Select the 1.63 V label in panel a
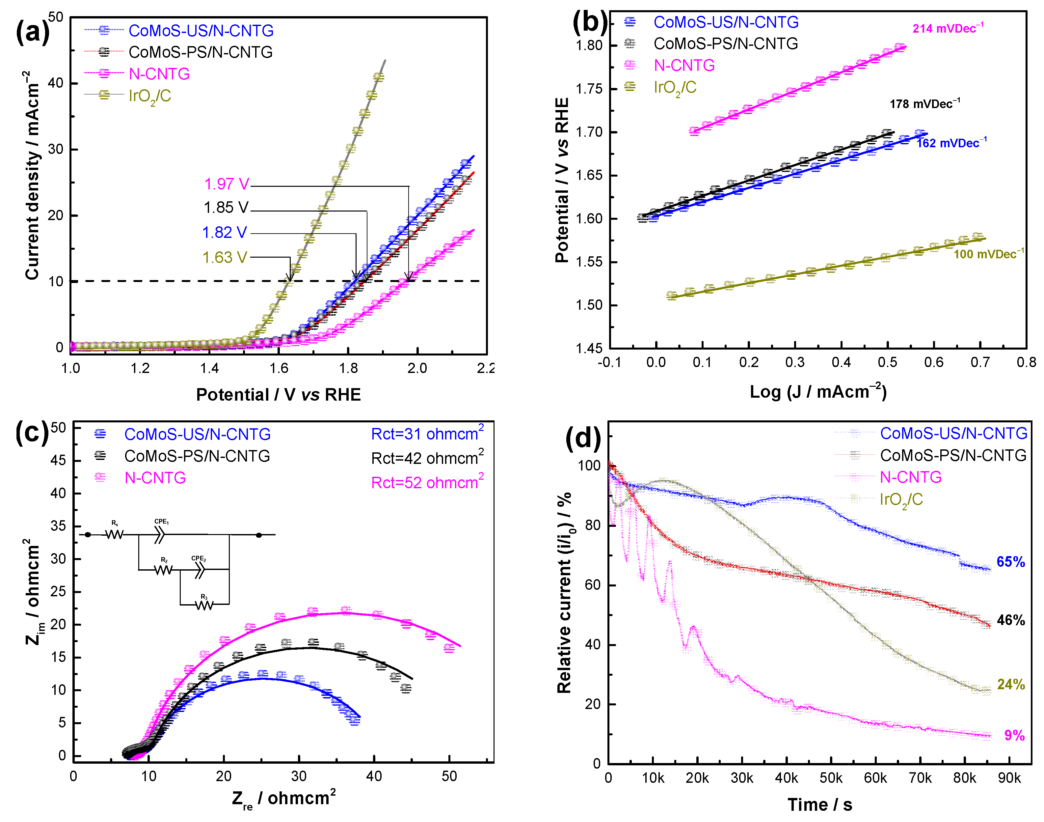pos(225,258)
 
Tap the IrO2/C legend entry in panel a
pos(149,96)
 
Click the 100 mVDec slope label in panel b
pos(988,254)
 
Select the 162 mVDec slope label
pos(951,143)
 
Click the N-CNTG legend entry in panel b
pos(683,66)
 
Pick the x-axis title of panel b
pos(817,392)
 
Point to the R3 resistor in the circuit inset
pos(204,605)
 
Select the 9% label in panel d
pos(1014,735)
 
